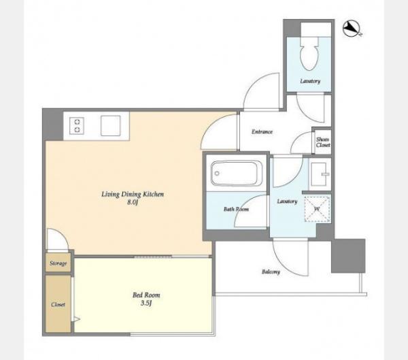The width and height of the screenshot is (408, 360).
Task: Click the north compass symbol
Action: [352, 29]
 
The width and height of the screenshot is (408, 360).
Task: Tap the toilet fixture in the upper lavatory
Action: [309, 53]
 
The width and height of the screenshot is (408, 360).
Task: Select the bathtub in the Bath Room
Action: [236, 174]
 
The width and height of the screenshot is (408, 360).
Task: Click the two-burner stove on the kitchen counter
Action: [77, 125]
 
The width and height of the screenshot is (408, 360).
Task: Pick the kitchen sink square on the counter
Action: [111, 126]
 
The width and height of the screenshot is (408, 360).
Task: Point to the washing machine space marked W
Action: [317, 209]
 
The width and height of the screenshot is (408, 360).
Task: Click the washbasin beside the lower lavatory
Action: [320, 174]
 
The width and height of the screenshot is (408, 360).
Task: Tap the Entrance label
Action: [262, 132]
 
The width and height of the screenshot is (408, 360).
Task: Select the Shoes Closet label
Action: [323, 142]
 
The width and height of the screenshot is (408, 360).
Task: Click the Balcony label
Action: [271, 272]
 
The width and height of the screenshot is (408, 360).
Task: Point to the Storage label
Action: [58, 263]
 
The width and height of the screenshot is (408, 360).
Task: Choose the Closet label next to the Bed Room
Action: [58, 304]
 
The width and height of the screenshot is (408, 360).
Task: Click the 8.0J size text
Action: [132, 202]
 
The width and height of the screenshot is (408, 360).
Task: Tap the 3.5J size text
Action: [146, 303]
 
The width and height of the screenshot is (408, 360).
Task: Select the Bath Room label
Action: [236, 209]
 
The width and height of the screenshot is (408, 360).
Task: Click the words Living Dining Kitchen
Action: [133, 195]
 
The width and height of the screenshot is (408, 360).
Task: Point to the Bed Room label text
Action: [146, 295]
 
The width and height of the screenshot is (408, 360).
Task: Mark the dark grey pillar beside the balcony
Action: [348, 256]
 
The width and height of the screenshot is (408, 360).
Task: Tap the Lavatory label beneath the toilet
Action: [310, 81]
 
